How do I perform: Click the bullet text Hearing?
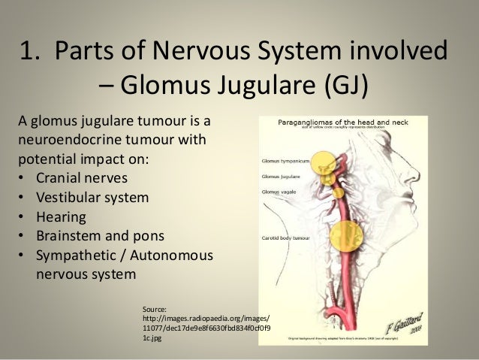(61, 217)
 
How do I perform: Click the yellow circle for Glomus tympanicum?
(324, 160)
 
